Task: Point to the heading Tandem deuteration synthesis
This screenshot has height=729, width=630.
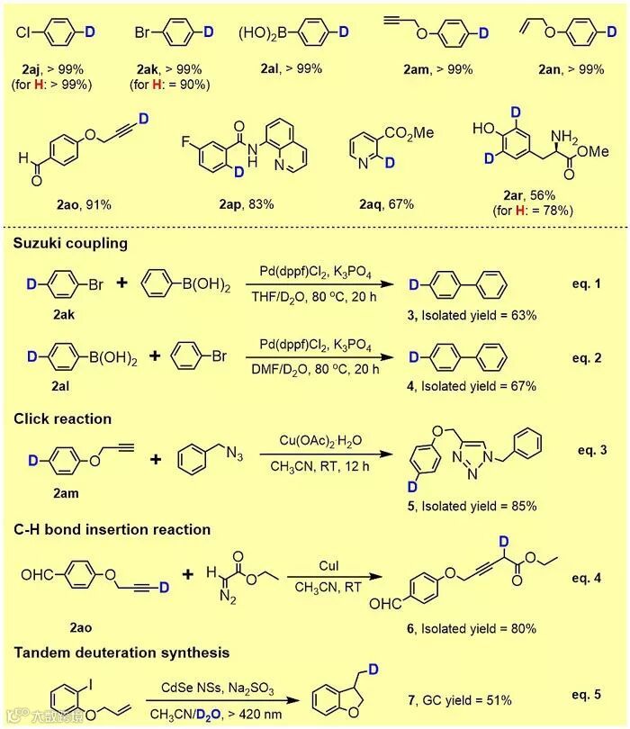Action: tap(121, 652)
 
